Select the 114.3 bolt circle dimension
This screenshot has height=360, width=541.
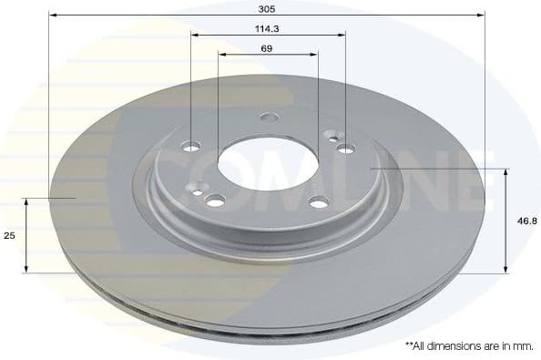tap(268, 28)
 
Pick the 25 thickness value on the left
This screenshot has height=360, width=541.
tap(9, 235)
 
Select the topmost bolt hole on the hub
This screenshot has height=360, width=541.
tap(268, 117)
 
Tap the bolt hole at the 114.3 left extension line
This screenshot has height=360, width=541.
tap(192, 146)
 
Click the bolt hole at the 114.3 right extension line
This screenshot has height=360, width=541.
tap(344, 149)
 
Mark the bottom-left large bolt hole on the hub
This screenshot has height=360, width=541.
tap(215, 201)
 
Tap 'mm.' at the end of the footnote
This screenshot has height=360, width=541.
tap(523, 346)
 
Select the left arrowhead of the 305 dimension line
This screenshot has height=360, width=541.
tap(53, 15)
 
